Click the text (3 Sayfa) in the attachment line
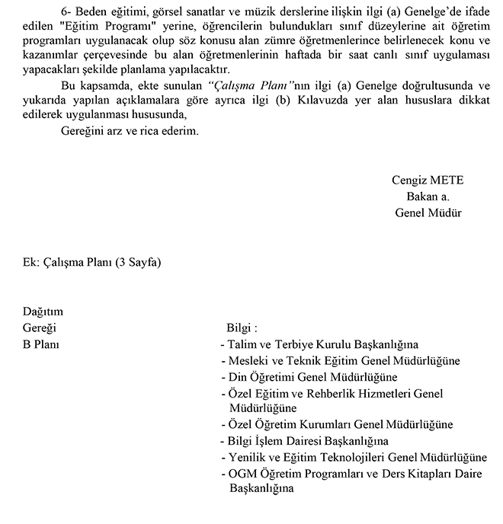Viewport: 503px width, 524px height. tap(138, 262)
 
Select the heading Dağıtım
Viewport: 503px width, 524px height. tap(43, 312)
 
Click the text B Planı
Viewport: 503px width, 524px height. tap(42, 344)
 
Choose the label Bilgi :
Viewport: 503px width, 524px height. tap(242, 328)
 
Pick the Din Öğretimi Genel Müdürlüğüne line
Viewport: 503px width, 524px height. tap(312, 376)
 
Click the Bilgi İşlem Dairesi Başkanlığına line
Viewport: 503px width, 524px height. tap(308, 441)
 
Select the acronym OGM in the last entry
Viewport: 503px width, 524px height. tap(242, 474)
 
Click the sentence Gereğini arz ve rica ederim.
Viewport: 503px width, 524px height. tap(130, 131)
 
